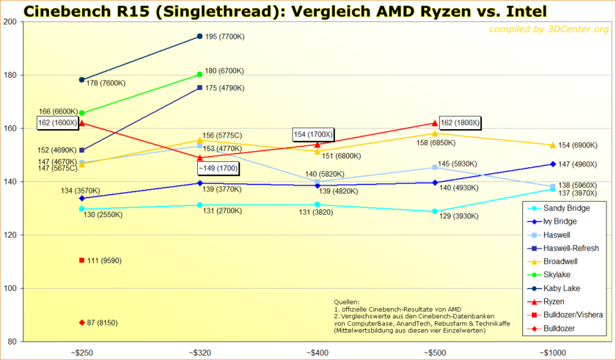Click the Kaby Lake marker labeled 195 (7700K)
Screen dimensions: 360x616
[199, 36]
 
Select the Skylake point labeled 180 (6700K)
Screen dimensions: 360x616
[199, 74]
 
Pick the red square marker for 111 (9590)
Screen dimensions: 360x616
[81, 260]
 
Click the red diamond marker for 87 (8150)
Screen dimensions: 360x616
[81, 323]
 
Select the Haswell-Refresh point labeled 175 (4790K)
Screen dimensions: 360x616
[199, 88]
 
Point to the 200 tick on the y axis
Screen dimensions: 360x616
[12, 22]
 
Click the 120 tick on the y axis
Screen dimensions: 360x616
[12, 235]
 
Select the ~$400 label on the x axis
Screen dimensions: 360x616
[317, 353]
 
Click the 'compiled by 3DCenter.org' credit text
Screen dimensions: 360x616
[547, 29]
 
